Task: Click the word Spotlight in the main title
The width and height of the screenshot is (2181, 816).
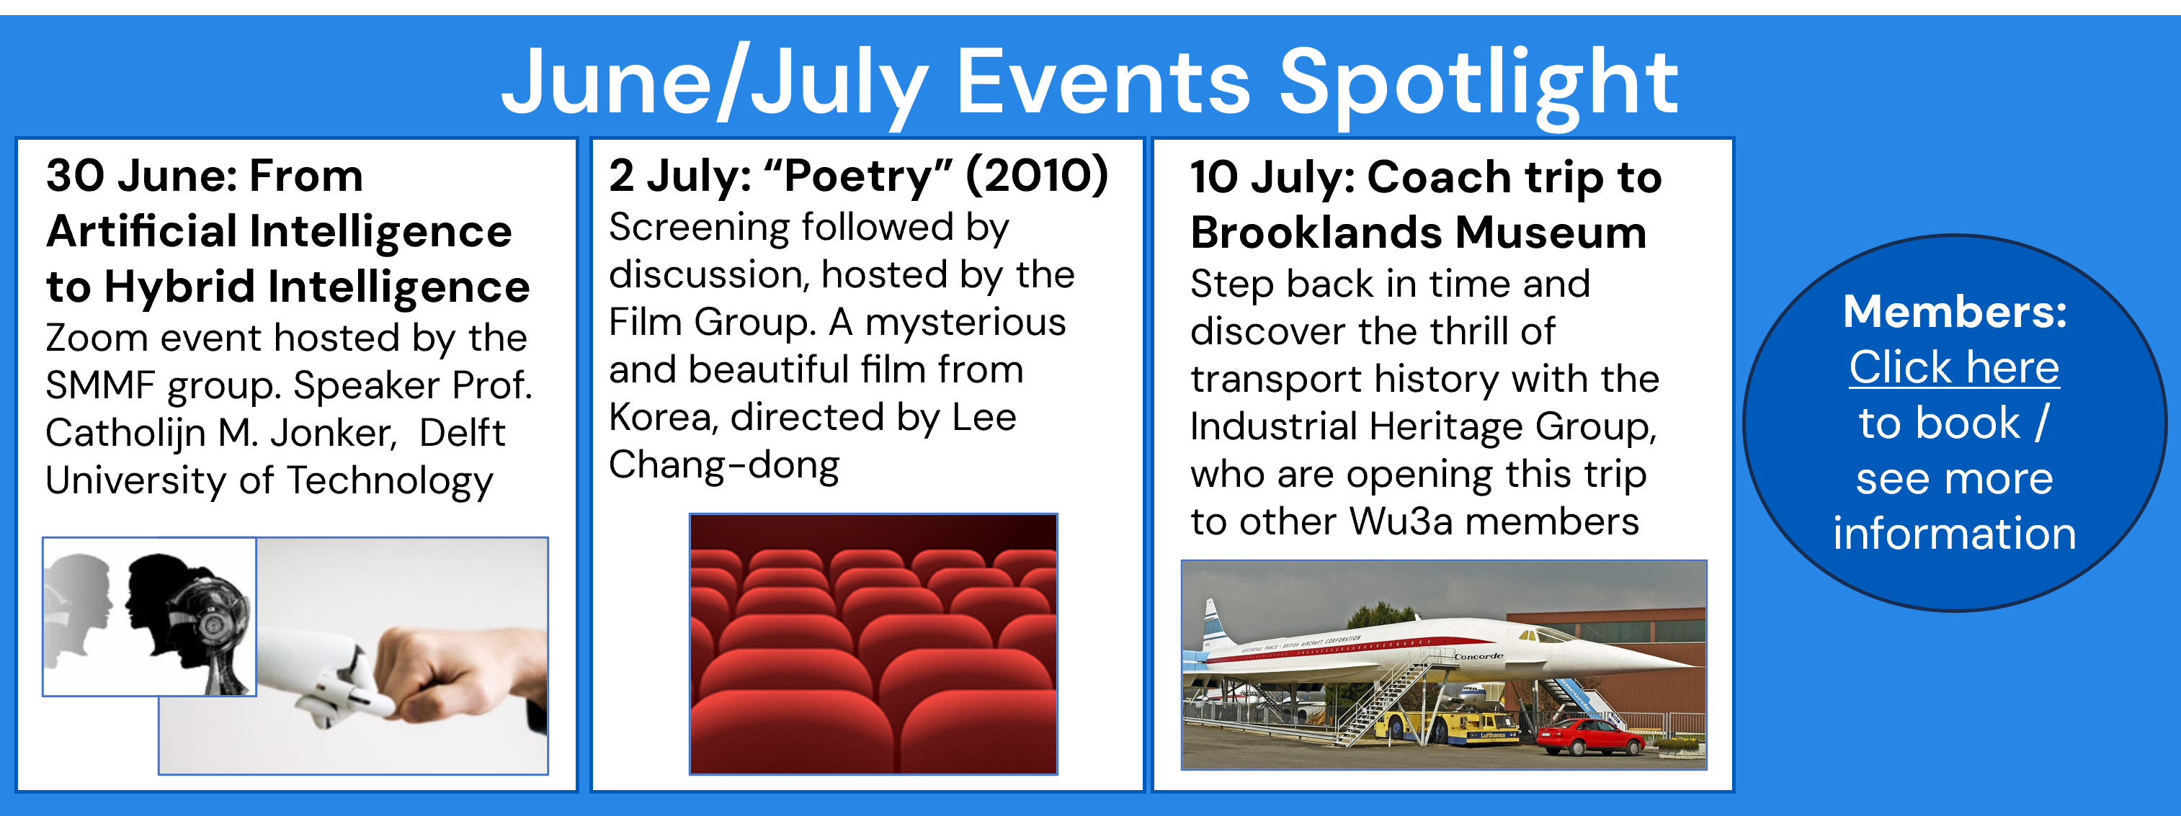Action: pos(1478,83)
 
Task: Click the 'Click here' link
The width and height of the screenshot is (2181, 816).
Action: pos(1954,367)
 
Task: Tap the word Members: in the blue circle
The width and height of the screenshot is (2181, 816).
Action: pos(1955,312)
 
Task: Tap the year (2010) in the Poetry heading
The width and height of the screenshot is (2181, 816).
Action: pos(1036,175)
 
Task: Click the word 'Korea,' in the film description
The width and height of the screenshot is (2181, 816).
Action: pos(663,417)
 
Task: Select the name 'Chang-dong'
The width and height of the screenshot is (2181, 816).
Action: pos(724,465)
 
